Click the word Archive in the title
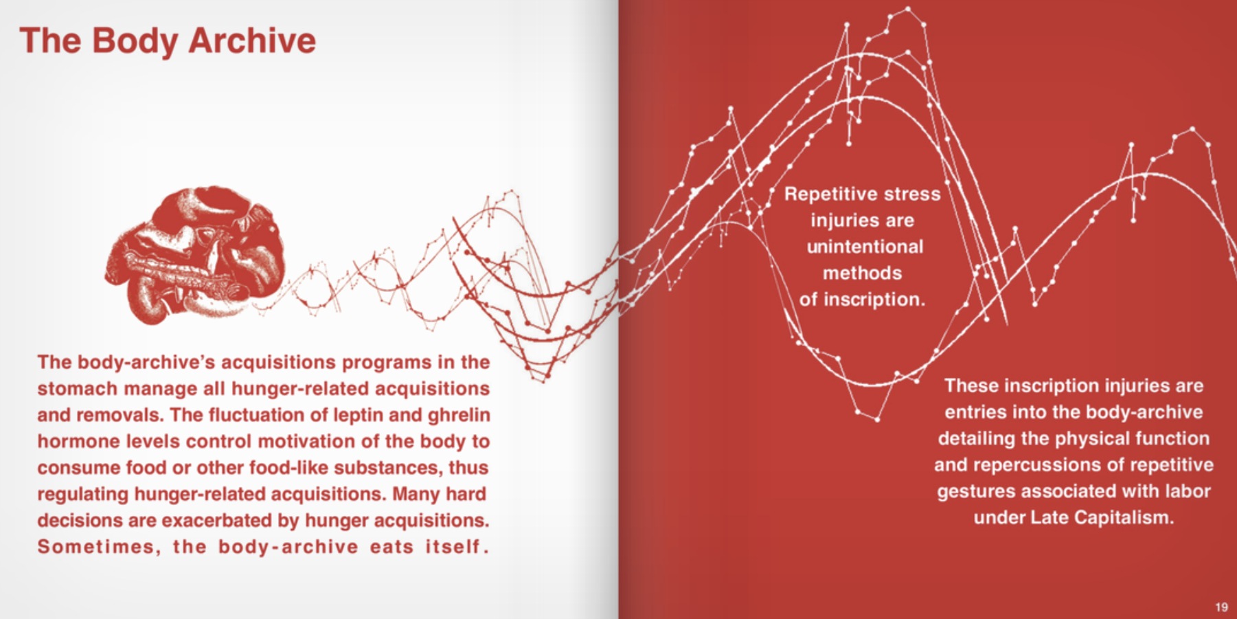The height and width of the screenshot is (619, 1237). [251, 41]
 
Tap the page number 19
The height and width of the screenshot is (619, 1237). [1221, 607]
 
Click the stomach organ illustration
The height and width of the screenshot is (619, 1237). [196, 254]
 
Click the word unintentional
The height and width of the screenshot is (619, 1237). [864, 247]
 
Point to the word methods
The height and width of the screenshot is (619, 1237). [862, 273]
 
